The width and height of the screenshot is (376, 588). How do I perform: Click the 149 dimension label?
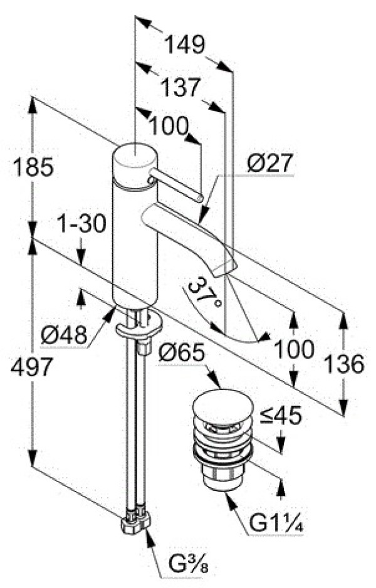(185, 45)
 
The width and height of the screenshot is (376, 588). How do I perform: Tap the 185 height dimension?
(33, 167)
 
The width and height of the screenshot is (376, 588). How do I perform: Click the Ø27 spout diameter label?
(269, 163)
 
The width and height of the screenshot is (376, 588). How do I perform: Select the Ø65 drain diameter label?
(182, 353)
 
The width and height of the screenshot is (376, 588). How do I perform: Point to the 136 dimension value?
(344, 363)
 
